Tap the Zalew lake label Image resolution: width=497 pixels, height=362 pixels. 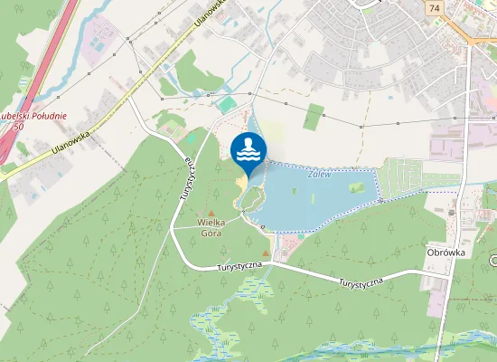click(318, 174)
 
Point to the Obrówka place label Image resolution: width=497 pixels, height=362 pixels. click(445, 253)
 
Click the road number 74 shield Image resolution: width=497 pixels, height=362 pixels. click(435, 6)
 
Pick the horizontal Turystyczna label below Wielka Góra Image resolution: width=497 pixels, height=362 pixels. click(239, 266)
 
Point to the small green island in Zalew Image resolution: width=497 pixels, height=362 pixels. click(356, 187)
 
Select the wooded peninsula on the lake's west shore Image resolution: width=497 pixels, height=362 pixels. click(253, 196)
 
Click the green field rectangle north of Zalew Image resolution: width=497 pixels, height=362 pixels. click(314, 116)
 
